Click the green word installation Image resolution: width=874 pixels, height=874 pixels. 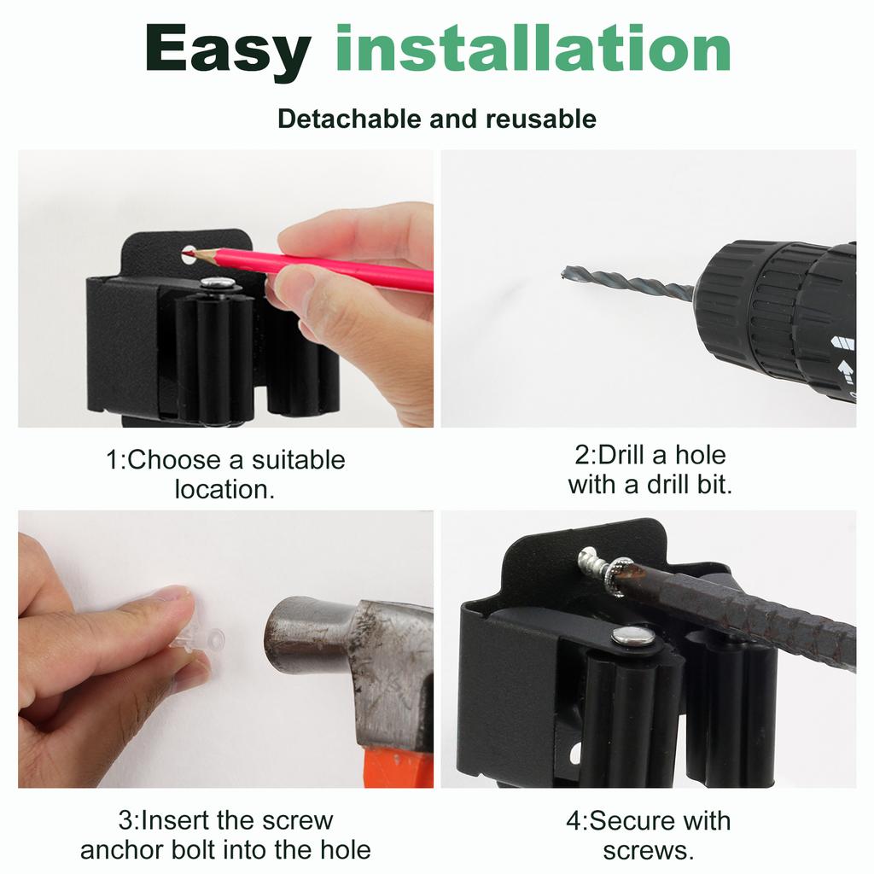click(533, 50)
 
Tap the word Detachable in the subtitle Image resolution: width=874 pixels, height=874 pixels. click(350, 119)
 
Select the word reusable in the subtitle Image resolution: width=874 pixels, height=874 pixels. click(541, 119)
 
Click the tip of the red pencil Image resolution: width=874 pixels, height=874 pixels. click(189, 253)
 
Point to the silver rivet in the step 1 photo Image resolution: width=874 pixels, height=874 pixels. click(218, 283)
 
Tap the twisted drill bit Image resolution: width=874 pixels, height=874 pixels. click(627, 283)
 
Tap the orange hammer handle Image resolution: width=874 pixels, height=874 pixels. click(397, 767)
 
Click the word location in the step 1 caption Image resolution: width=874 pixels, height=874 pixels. click(224, 490)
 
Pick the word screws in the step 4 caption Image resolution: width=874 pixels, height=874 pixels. click(648, 850)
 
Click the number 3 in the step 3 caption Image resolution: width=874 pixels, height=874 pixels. click(125, 821)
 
